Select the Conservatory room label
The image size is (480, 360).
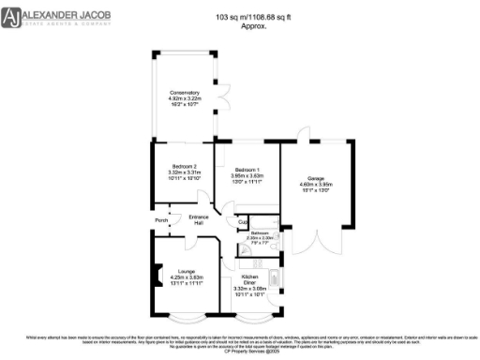185,92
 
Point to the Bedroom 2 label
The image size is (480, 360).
184,166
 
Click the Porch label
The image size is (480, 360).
160,222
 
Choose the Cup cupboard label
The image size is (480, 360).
242,223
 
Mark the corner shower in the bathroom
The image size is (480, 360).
243,242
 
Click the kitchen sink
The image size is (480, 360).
273,279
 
